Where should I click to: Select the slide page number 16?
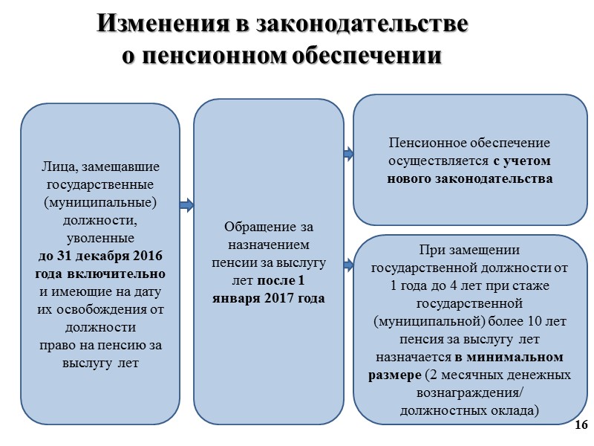coord(581,424)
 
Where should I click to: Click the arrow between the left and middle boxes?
coord(186,204)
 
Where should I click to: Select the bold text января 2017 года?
coord(269,298)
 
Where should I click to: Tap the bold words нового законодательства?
coord(469,178)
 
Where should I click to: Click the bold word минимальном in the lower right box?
coord(523,357)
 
